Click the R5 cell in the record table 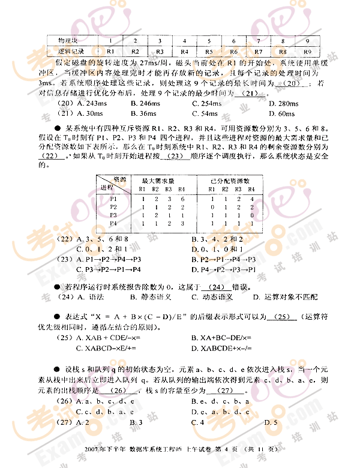pos(209,52)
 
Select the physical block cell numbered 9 pos(307,41)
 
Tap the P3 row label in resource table pos(114,214)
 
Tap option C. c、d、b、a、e pos(106,412)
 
